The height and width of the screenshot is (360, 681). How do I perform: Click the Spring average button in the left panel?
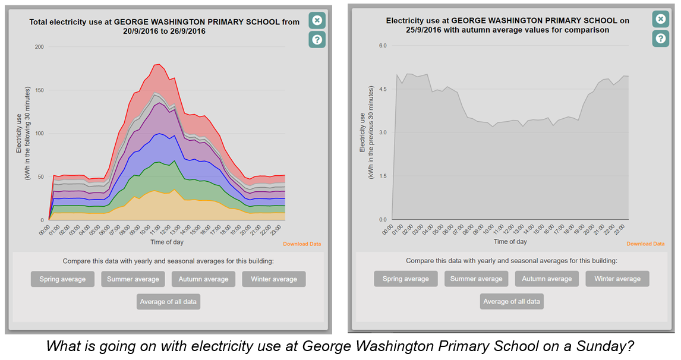pos(62,279)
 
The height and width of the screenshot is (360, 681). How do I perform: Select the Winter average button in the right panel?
pos(617,279)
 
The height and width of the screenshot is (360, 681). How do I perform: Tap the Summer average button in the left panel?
pos(133,279)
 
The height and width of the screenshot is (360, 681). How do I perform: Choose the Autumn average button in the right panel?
pos(547,279)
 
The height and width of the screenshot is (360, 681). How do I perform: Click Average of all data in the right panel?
pos(512,301)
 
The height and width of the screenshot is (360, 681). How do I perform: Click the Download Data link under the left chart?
pos(302,244)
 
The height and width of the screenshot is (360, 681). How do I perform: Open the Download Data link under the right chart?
pos(645,244)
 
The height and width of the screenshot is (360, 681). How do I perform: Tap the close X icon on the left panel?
pos(317,20)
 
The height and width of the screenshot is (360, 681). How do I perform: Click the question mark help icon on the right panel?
pos(660,39)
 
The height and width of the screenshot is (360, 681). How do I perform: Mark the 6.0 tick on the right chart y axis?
pos(383,46)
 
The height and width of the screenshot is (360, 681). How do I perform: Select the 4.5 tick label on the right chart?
pos(383,89)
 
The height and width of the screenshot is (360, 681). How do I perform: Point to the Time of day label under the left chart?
pos(167,242)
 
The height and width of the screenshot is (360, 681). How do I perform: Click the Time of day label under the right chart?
pos(510,242)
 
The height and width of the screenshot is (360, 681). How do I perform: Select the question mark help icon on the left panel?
pos(317,40)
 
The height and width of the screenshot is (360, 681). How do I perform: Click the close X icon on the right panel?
pos(660,19)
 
